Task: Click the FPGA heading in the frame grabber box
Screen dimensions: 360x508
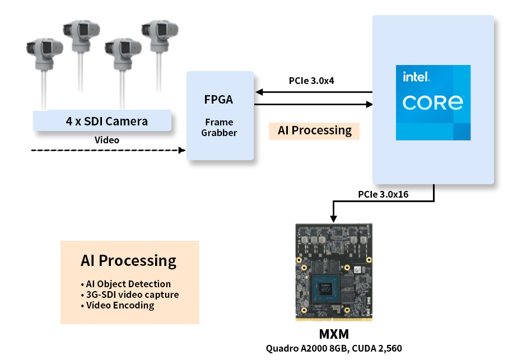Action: coord(218,100)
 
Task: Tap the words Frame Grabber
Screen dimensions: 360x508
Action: coord(219,127)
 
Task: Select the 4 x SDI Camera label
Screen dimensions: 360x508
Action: coord(106,121)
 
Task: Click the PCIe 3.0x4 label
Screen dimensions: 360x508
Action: coord(311,81)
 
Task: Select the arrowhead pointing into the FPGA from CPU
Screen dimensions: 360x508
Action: coord(258,92)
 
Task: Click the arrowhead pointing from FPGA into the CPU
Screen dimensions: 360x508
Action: coord(369,104)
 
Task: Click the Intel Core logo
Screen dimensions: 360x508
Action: coord(433,102)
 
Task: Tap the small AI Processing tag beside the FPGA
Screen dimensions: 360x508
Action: coord(314,130)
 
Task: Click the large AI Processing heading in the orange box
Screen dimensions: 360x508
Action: coord(128,260)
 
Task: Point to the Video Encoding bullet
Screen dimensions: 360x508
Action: coord(119,305)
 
